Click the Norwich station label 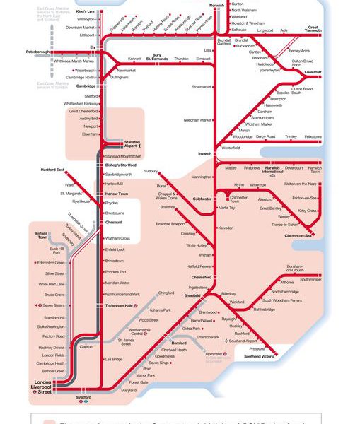(x=216, y=5)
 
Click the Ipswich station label (x=204, y=153)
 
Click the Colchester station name (x=202, y=199)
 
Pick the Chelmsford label (x=202, y=277)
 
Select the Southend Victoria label (x=258, y=356)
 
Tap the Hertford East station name (x=52, y=170)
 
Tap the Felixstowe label (x=313, y=136)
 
